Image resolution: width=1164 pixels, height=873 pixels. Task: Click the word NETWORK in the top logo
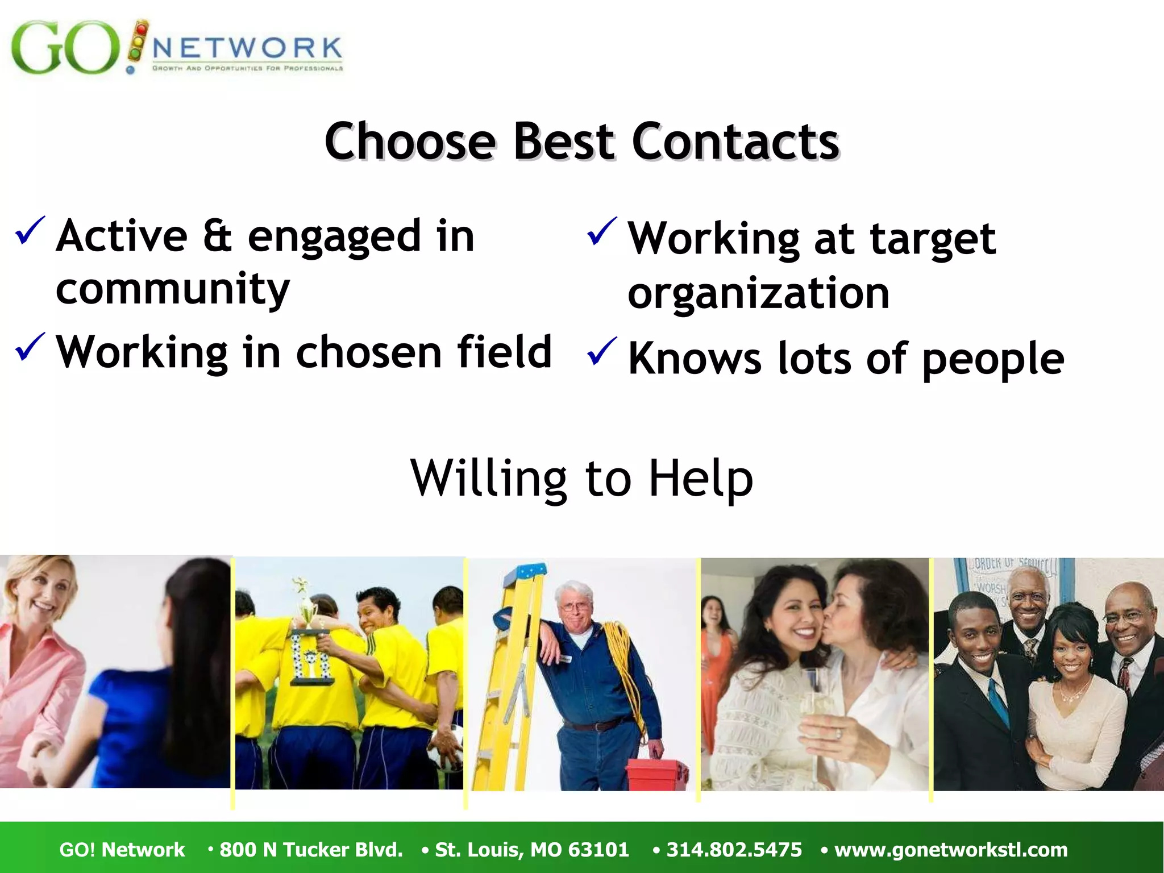[x=247, y=48]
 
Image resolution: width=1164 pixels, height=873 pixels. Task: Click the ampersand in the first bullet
[x=217, y=236]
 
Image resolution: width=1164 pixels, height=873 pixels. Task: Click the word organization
[x=758, y=294]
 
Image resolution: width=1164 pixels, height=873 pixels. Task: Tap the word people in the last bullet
[x=993, y=360]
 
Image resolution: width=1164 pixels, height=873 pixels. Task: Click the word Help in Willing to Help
[x=701, y=479]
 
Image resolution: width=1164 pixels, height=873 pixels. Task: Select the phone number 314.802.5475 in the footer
[x=734, y=850]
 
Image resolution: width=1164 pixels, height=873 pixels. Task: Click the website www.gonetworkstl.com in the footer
[x=951, y=850]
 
